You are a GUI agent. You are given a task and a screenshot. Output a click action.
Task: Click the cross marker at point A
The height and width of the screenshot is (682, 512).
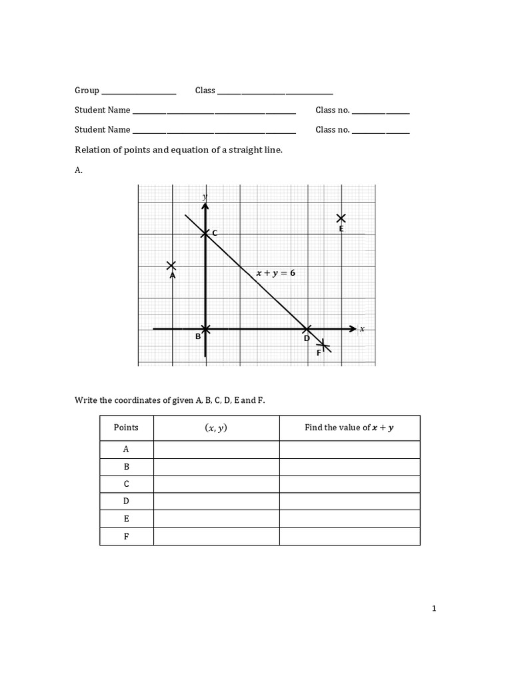[172, 266]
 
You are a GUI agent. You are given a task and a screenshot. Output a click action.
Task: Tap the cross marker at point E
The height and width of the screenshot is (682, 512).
[341, 218]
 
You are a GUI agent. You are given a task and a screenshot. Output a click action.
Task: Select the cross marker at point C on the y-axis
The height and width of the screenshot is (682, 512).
[205, 233]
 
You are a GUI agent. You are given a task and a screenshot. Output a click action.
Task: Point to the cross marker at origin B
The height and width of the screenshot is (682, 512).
[205, 328]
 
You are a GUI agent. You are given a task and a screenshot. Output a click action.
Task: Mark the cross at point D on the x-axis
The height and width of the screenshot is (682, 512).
[307, 328]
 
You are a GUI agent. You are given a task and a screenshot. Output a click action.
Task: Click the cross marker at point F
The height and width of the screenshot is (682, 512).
[323, 345]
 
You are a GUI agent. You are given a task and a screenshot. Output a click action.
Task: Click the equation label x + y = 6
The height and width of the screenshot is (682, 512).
[276, 272]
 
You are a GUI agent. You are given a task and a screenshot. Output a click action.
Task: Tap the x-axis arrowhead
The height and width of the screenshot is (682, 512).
[353, 328]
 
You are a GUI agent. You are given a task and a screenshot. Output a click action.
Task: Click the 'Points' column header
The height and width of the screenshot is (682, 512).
[126, 428]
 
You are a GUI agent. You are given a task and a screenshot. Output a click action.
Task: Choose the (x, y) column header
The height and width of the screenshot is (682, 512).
[215, 428]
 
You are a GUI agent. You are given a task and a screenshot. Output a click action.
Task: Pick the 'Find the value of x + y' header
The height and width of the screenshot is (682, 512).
[349, 428]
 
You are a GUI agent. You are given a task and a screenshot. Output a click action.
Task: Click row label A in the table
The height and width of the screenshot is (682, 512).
[126, 450]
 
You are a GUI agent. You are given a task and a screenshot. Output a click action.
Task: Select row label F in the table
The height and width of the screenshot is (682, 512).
[126, 536]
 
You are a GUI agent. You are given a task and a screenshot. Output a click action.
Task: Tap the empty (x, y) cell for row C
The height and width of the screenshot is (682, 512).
[216, 484]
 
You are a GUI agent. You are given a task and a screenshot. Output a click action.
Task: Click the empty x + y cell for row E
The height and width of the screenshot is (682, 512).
[349, 519]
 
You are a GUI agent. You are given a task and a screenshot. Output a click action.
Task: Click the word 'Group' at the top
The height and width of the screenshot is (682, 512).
[87, 91]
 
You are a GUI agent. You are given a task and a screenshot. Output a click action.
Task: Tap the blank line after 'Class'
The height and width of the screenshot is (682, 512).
[275, 92]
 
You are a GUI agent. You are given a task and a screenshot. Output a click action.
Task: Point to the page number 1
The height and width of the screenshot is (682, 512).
[433, 608]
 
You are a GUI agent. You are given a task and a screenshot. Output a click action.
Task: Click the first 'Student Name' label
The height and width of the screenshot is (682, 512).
[102, 110]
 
